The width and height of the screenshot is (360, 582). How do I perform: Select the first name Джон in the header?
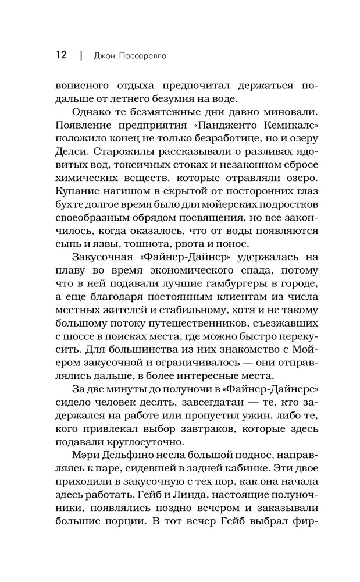pyautogui.click(x=108, y=56)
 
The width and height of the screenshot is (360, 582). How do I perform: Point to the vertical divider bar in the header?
pyautogui.click(x=81, y=56)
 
